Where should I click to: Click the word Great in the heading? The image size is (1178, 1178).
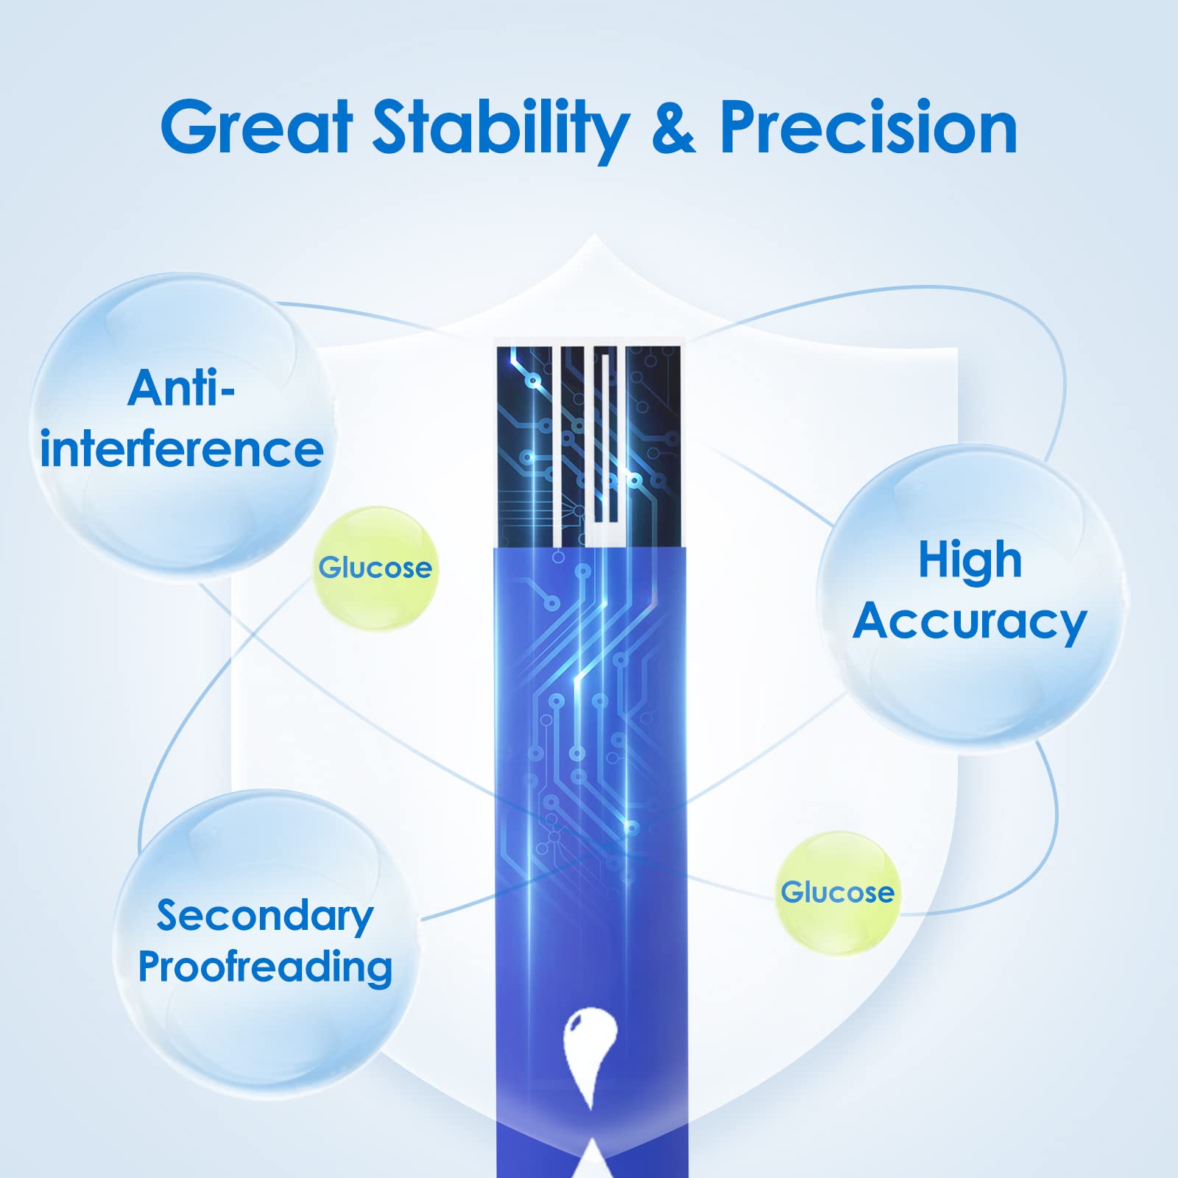[256, 127]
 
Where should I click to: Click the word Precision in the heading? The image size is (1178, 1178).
[869, 127]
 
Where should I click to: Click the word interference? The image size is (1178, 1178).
[182, 448]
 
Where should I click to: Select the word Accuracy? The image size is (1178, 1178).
[970, 624]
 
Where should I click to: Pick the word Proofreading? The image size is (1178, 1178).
[265, 968]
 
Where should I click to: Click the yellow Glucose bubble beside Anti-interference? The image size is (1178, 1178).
[375, 568]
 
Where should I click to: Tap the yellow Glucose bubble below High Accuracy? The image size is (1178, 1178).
[838, 892]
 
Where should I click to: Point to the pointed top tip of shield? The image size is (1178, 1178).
[593, 236]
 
